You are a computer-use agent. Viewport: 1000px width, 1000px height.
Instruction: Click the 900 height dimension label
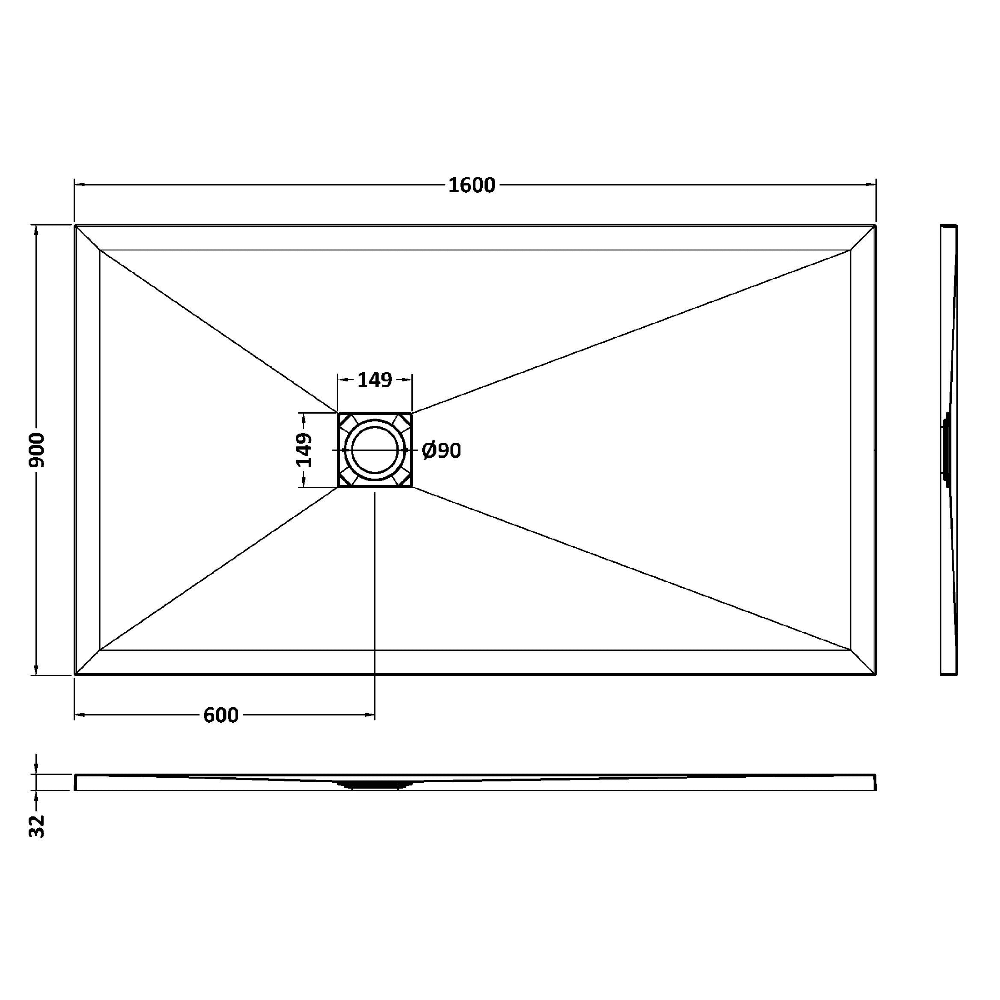click(37, 450)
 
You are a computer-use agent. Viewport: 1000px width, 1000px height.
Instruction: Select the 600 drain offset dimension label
click(221, 715)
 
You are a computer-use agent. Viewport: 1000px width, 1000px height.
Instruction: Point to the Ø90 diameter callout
click(441, 451)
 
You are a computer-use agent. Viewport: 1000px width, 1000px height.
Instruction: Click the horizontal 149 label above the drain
click(375, 380)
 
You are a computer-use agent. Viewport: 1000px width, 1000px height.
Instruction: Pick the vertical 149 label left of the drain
click(305, 450)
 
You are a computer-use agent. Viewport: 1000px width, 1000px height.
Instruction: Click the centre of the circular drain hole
click(375, 450)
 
